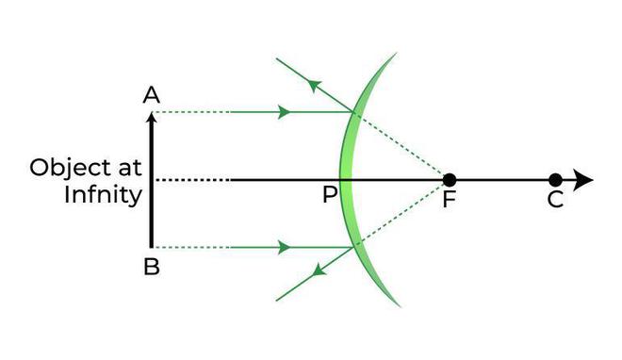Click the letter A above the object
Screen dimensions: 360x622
click(x=150, y=94)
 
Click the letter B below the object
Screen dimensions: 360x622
click(x=151, y=267)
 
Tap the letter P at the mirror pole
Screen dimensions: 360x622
click(x=329, y=196)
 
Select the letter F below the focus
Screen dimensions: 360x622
click(x=450, y=200)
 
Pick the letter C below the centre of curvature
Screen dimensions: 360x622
click(x=555, y=200)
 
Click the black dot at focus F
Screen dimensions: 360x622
click(x=450, y=179)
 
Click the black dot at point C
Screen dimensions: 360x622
click(x=555, y=179)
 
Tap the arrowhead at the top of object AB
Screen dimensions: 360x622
click(x=151, y=117)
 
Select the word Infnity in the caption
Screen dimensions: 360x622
click(x=103, y=195)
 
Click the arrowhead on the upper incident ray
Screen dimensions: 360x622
click(x=283, y=112)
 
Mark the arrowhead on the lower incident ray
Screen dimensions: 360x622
click(x=283, y=248)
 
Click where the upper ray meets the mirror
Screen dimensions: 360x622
click(x=354, y=112)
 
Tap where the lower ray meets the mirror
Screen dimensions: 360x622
click(x=354, y=247)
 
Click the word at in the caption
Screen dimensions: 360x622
click(x=129, y=168)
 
